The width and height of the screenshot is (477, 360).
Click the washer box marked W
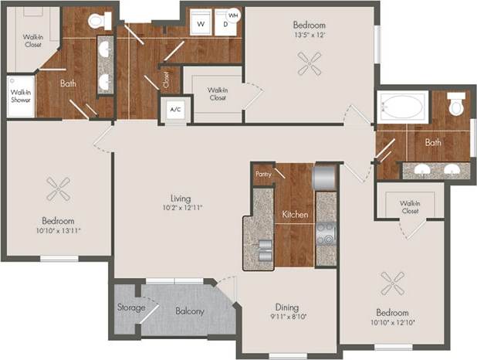click(201, 24)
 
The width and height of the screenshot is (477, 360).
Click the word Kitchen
click(295, 214)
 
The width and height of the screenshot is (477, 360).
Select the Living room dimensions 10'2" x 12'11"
click(182, 208)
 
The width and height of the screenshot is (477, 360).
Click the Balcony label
click(189, 311)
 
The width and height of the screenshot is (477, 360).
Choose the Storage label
click(131, 307)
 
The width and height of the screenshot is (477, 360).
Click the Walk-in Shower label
click(20, 97)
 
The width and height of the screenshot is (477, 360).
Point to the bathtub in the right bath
click(401, 106)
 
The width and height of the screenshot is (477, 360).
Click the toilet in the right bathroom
click(457, 104)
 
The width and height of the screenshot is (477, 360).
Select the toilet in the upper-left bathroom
click(99, 21)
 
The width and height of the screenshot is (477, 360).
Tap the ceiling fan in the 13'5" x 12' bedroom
click(309, 64)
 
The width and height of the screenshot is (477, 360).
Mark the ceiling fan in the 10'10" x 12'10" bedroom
click(393, 284)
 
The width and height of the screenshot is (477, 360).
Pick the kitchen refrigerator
click(324, 176)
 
